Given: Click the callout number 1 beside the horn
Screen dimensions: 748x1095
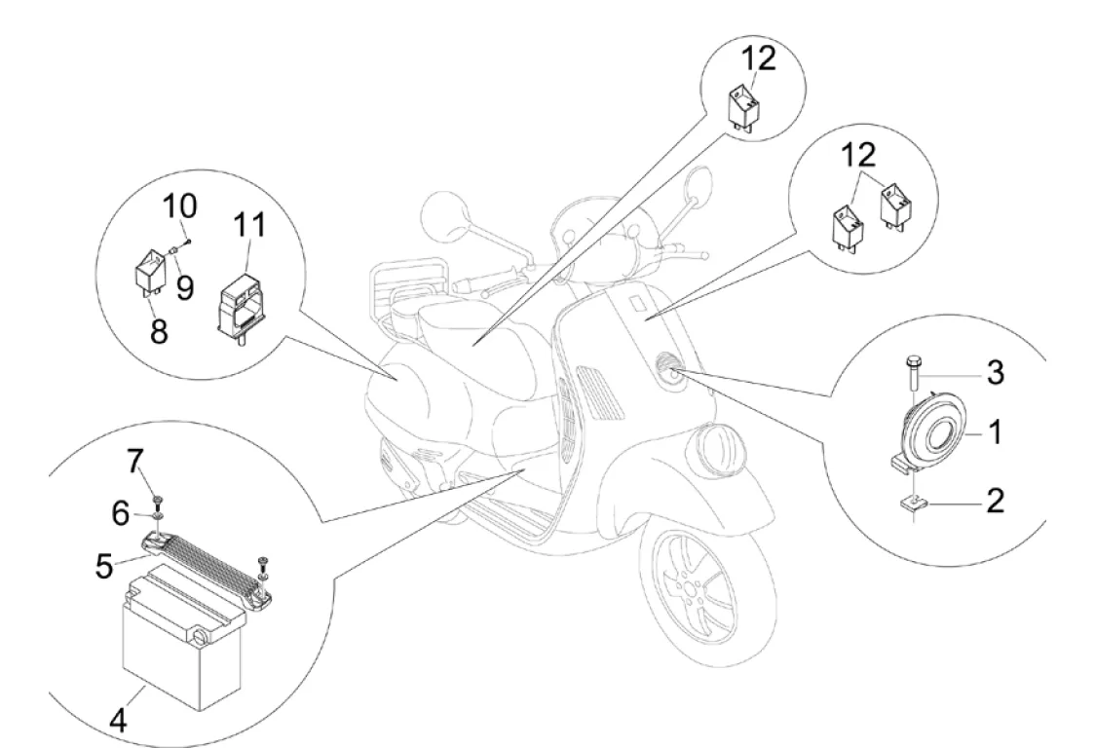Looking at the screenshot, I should click(x=995, y=433).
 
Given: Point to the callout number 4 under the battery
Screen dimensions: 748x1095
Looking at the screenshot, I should click(x=118, y=722).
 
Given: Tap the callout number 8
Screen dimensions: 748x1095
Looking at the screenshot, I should click(x=159, y=331).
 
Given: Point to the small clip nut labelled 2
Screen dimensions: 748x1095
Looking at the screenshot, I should click(x=912, y=504).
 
